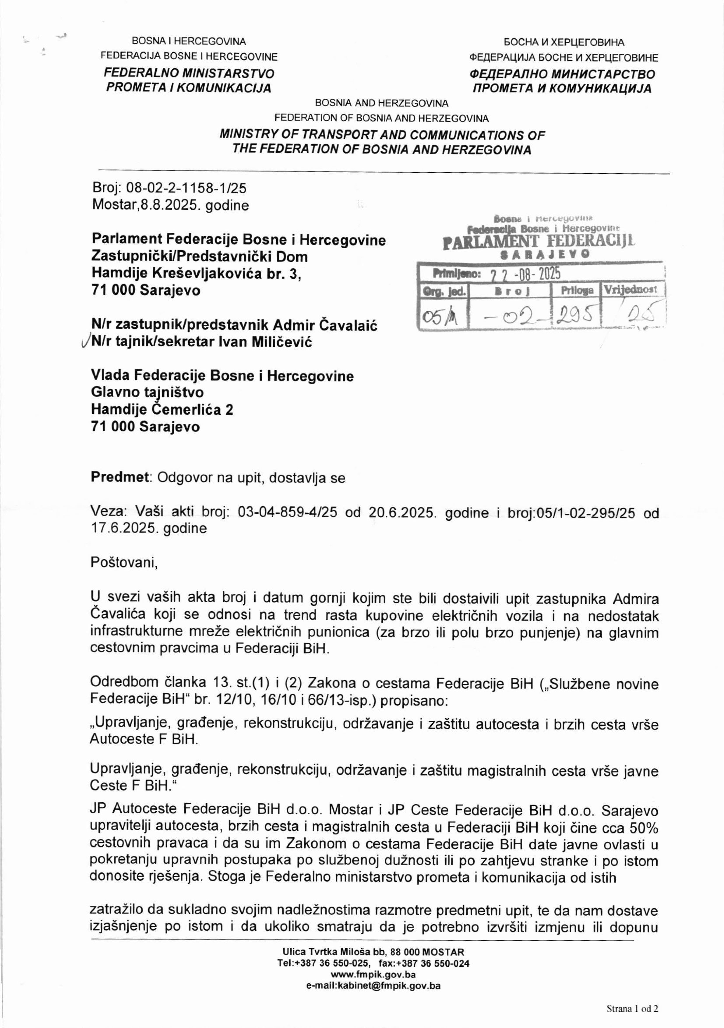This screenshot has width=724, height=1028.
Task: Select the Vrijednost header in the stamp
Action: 631,290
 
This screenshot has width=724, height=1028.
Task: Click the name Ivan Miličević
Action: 265,342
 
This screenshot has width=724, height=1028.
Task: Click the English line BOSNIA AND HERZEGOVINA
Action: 381,103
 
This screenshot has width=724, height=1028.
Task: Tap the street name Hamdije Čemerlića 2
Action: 162,409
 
